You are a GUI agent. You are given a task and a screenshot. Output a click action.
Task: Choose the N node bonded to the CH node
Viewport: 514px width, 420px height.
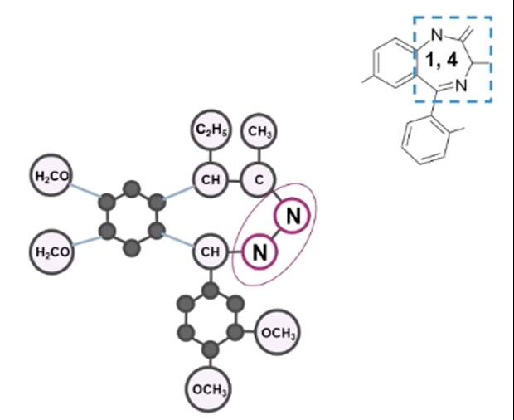pyautogui.click(x=259, y=250)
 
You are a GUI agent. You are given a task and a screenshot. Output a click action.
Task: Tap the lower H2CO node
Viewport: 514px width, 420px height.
pyautogui.click(x=51, y=250)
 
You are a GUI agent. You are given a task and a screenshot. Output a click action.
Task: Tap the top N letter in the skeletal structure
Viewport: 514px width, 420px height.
pyautogui.click(x=438, y=35)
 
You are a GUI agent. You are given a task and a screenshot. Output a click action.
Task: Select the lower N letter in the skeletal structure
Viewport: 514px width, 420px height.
pyautogui.click(x=463, y=85)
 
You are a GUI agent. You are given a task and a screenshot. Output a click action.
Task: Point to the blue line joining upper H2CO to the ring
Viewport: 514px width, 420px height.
pyautogui.click(x=89, y=188)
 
